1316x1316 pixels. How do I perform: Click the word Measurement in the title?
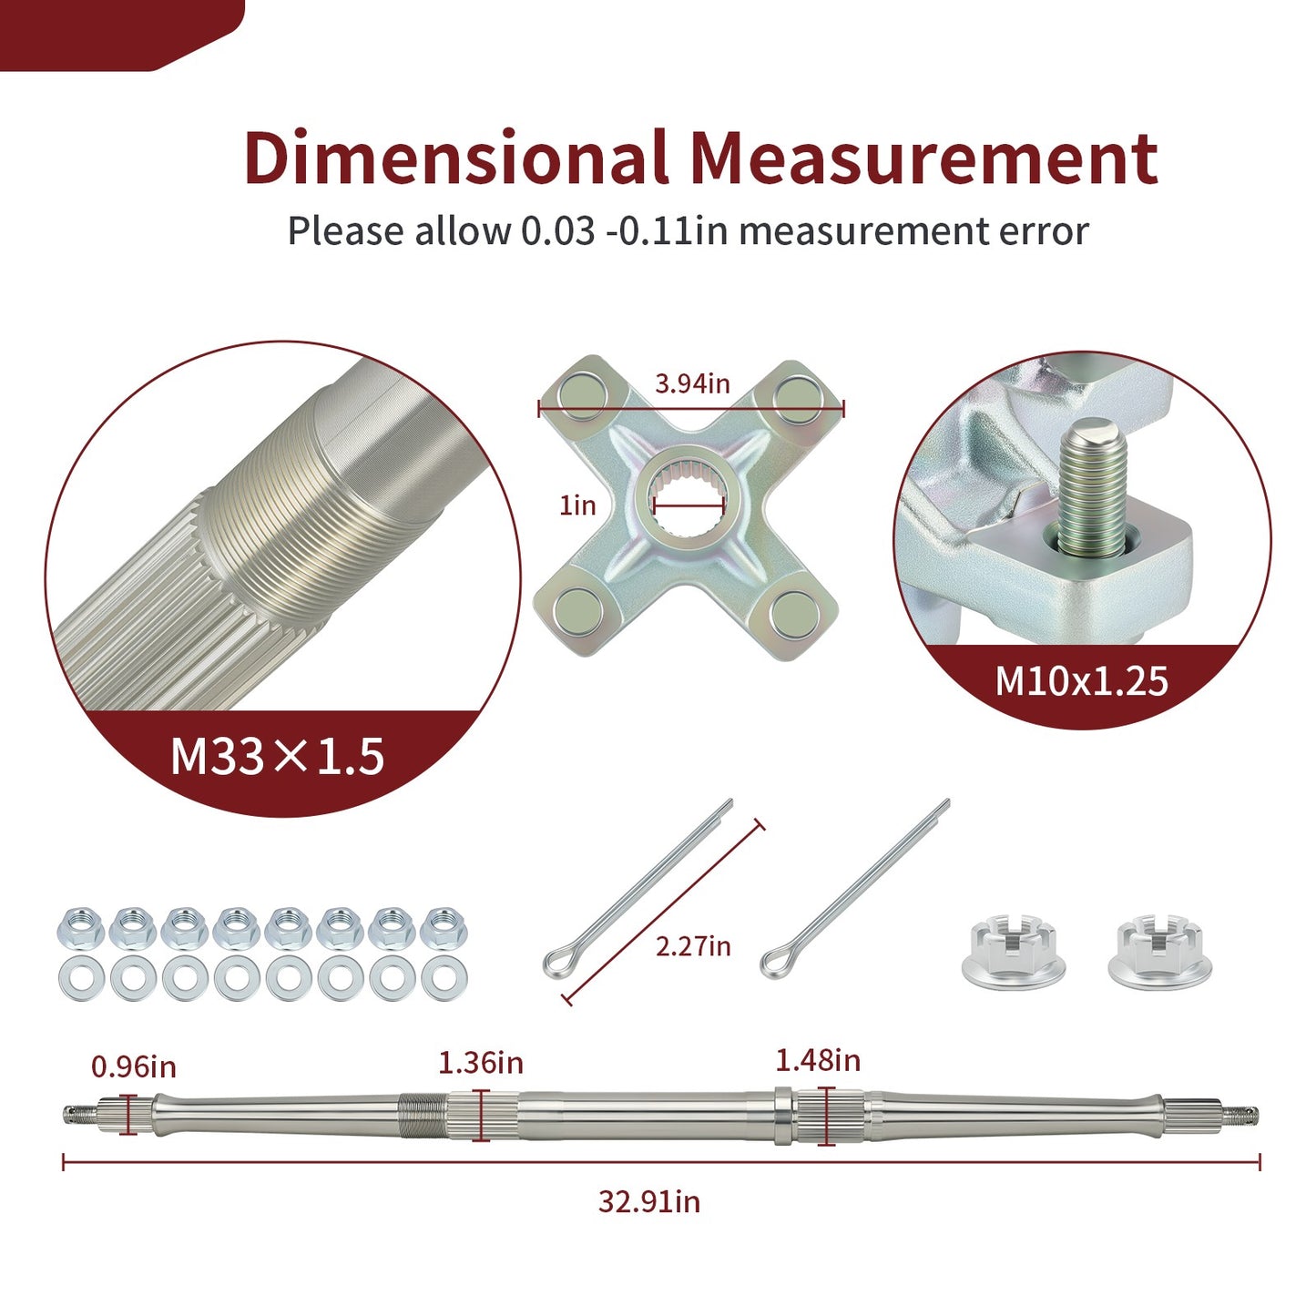(x=924, y=158)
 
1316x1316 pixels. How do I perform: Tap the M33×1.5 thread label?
(x=277, y=757)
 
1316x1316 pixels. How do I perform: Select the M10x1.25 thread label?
(x=1081, y=681)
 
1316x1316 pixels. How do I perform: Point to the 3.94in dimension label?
(x=692, y=383)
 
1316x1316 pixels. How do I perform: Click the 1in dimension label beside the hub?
(x=577, y=505)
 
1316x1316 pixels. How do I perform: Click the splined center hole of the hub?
(x=689, y=506)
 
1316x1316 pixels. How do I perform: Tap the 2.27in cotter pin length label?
(x=693, y=946)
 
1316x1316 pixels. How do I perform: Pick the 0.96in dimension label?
(x=134, y=1066)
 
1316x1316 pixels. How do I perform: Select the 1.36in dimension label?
(x=481, y=1064)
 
